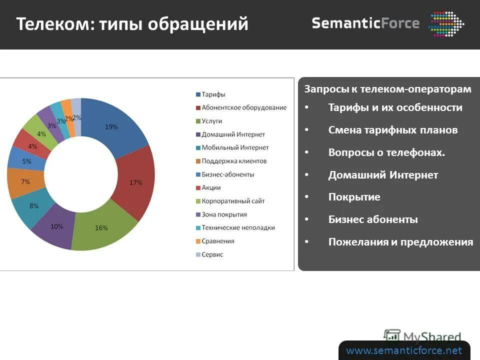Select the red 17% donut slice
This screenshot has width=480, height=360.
pos(135,182)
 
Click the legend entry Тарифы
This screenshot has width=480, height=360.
pos(213,94)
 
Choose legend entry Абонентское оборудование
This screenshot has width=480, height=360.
pos(243,107)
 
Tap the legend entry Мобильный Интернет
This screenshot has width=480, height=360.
pos(235,147)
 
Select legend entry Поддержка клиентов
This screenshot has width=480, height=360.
pos(234,161)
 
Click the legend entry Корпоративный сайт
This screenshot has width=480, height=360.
pos(233,201)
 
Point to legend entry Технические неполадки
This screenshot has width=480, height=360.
pos(238,227)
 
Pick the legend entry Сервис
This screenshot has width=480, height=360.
pos(212,254)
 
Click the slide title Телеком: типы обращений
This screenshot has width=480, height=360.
pos(132,24)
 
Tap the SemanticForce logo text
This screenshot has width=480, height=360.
pos(365,23)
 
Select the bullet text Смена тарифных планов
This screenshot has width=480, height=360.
pos(392,130)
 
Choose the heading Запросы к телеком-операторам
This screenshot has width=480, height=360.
pos(387,89)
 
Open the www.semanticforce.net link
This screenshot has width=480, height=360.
pos(404,350)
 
